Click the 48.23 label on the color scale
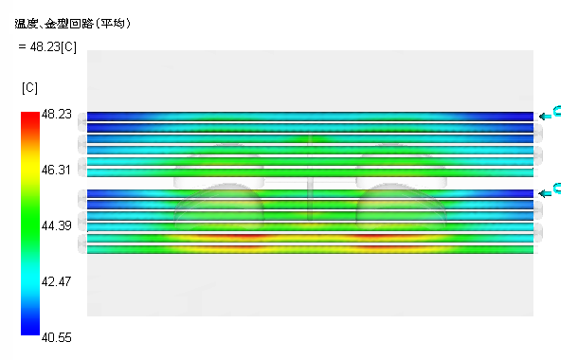tap(57, 115)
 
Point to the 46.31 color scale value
tap(56, 170)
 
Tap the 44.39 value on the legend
tap(57, 225)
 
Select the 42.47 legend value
tap(57, 281)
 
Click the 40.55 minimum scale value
tap(57, 337)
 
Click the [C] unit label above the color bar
tap(29, 88)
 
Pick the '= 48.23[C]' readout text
tap(48, 46)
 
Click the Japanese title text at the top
tap(73, 24)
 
